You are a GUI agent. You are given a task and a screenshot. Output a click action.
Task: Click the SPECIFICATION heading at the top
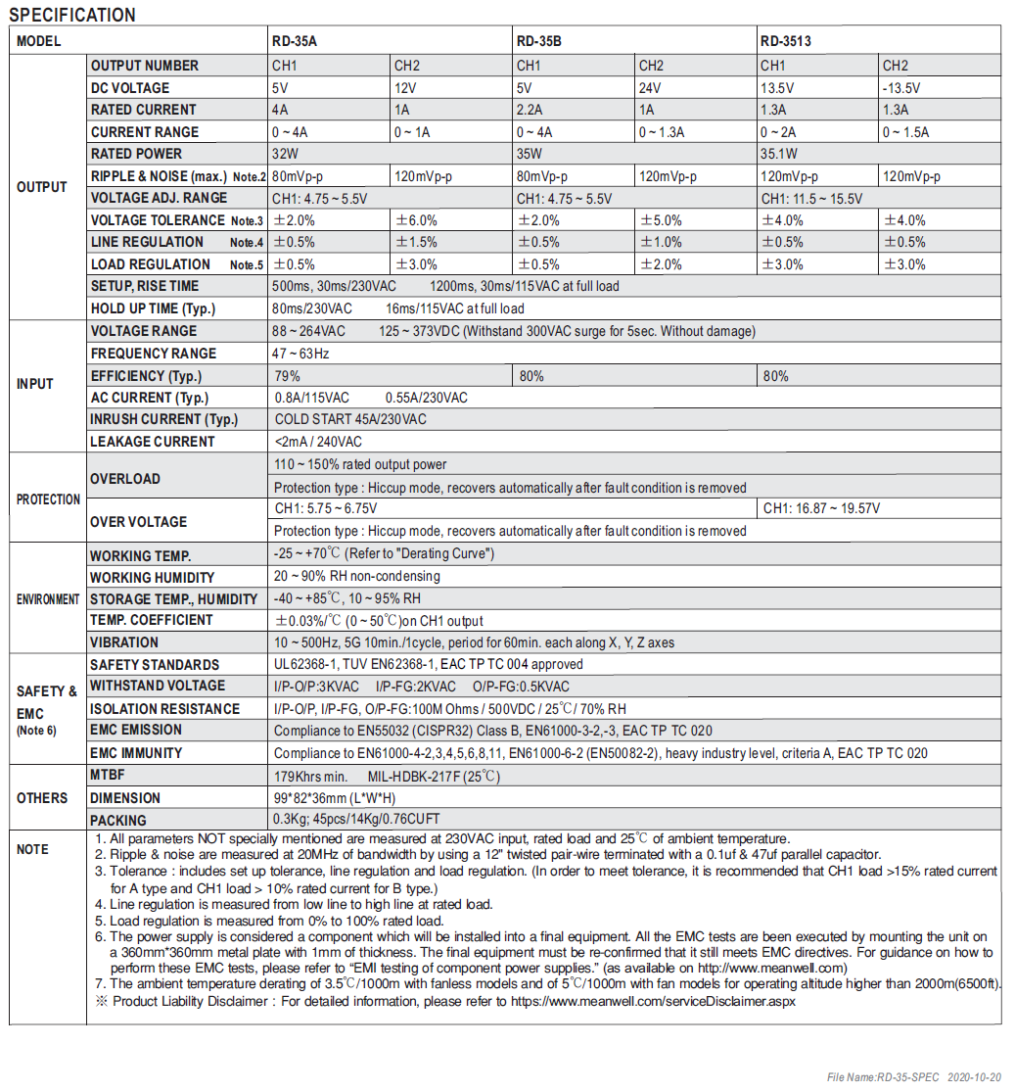pyautogui.click(x=72, y=15)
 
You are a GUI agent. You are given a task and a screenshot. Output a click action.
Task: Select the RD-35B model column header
pyautogui.click(x=538, y=41)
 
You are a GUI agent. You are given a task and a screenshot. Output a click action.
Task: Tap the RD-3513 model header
pyautogui.click(x=786, y=41)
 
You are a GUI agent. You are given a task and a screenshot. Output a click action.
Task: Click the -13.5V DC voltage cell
pyautogui.click(x=901, y=87)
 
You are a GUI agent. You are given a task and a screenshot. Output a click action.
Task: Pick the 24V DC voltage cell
pyautogui.click(x=649, y=87)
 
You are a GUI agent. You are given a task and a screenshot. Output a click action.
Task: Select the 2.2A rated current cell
pyautogui.click(x=529, y=110)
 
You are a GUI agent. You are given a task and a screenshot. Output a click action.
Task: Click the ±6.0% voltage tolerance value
pyautogui.click(x=417, y=220)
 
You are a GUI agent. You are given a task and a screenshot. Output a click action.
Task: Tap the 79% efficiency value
pyautogui.click(x=287, y=376)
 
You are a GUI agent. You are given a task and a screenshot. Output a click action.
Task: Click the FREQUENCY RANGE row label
pyautogui.click(x=154, y=354)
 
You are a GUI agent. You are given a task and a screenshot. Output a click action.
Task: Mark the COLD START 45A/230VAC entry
pyautogui.click(x=350, y=419)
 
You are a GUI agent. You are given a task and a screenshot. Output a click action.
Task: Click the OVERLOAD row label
pyautogui.click(x=125, y=479)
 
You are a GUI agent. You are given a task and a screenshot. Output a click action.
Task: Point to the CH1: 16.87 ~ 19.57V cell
pyautogui.click(x=821, y=508)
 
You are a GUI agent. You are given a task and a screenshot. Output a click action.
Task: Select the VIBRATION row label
pyautogui.click(x=124, y=642)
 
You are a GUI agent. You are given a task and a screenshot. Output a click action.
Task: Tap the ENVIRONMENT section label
pyautogui.click(x=48, y=599)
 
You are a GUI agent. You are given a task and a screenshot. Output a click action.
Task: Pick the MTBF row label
pyautogui.click(x=110, y=777)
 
